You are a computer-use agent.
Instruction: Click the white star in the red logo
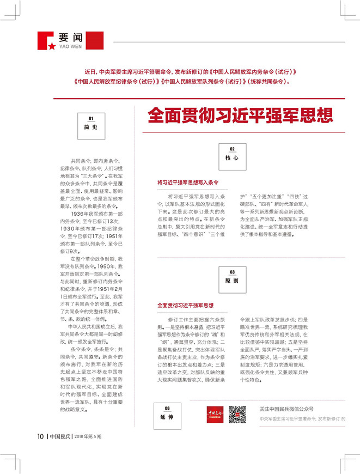click(51, 46)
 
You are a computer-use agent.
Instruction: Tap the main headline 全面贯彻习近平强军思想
click(240, 116)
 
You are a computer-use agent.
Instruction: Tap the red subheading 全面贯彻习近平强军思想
click(185, 305)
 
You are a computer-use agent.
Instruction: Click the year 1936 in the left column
click(78, 214)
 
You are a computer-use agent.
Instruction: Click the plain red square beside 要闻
click(95, 40)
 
